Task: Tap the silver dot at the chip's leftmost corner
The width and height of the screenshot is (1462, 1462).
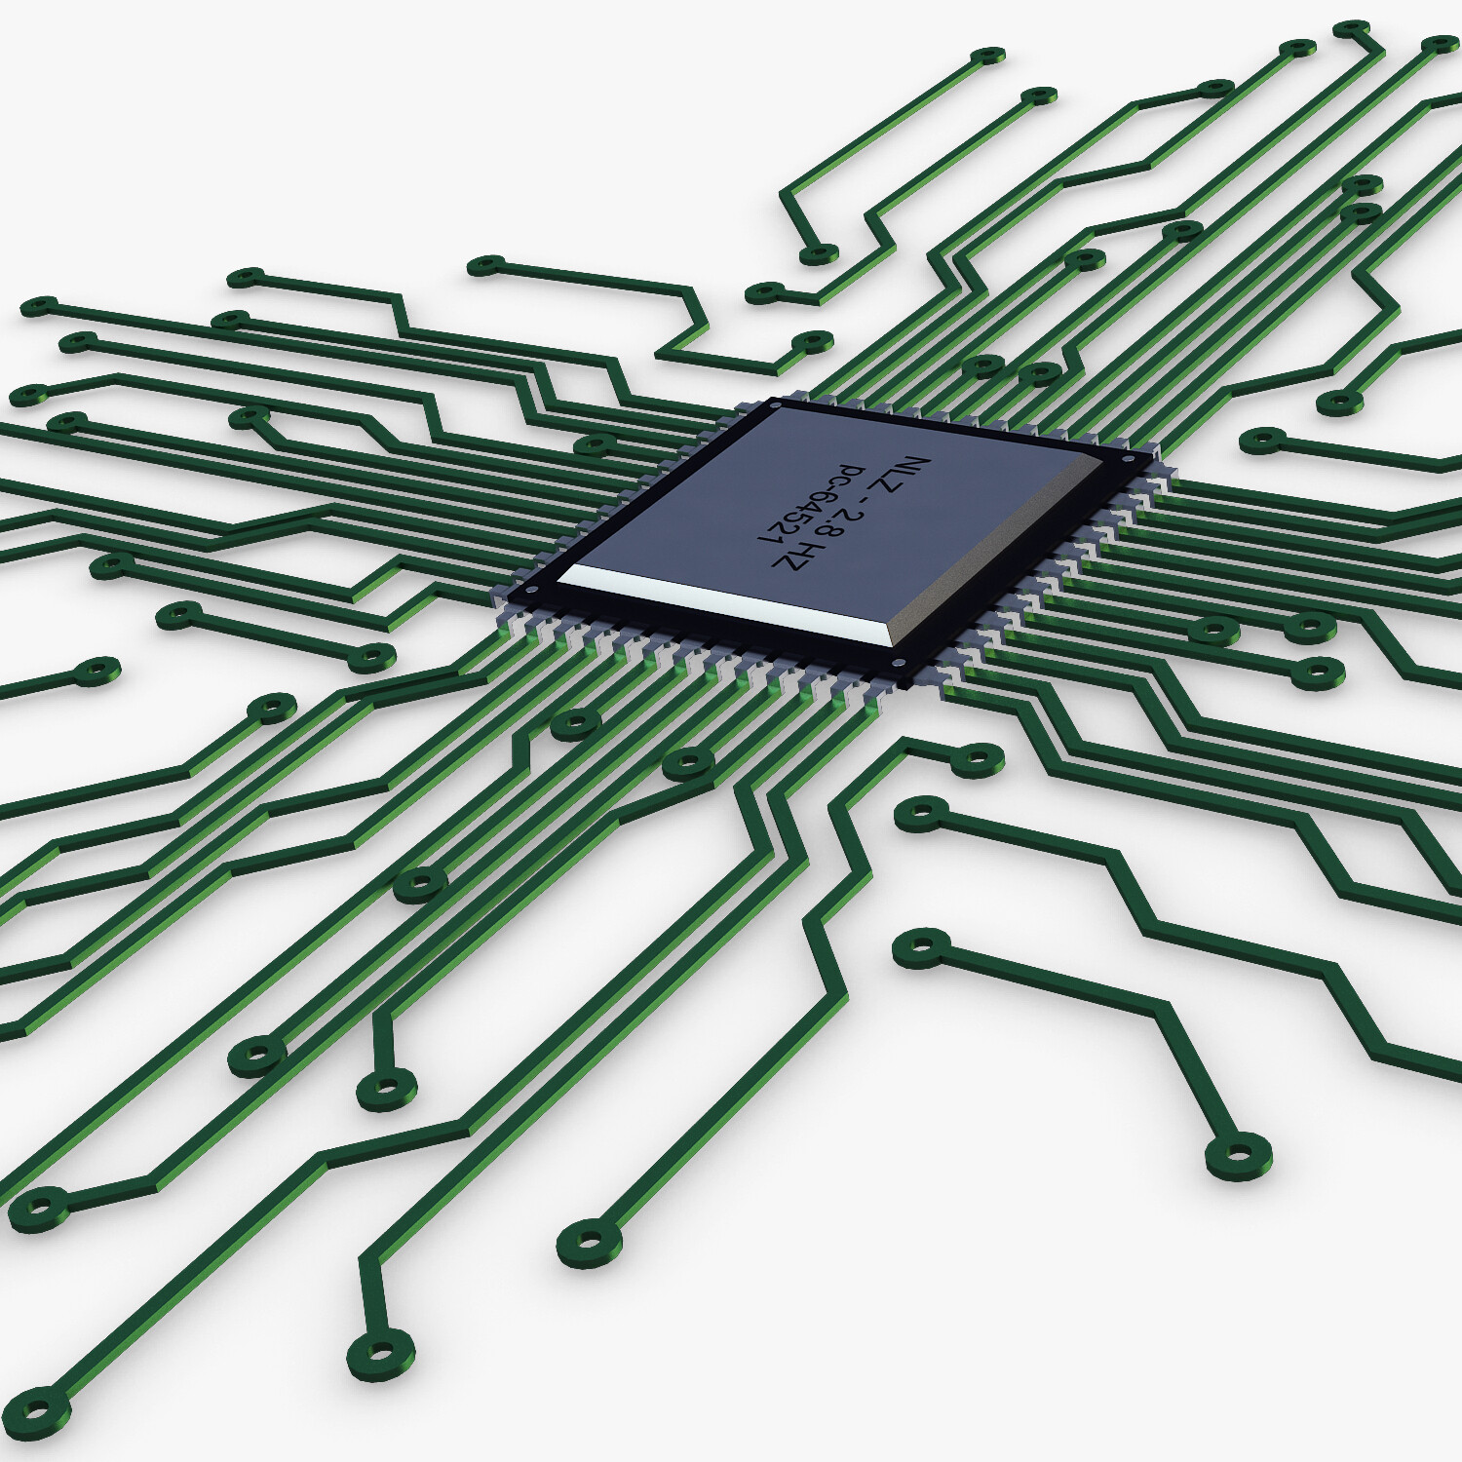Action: click(531, 590)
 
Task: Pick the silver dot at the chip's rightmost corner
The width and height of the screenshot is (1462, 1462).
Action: click(1128, 457)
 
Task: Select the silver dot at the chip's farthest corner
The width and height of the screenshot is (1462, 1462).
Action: click(777, 404)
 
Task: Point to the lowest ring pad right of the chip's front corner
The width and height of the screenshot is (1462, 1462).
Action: click(920, 947)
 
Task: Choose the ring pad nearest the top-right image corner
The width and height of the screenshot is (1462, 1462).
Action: click(1440, 45)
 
